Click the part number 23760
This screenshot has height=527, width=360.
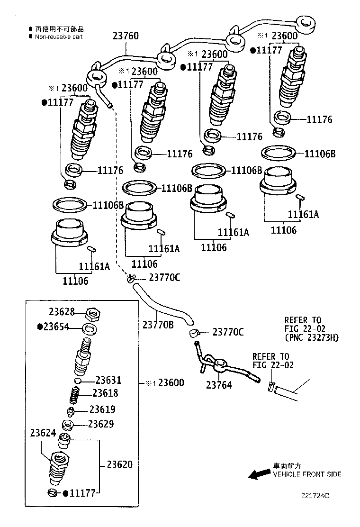click(x=126, y=36)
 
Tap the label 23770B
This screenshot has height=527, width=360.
click(x=158, y=325)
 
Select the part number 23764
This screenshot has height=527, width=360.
click(x=219, y=385)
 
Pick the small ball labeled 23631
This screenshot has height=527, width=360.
click(x=78, y=381)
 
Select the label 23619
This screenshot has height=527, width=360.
click(x=103, y=409)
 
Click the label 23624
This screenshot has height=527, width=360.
click(x=43, y=433)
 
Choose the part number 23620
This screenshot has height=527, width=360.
click(x=119, y=464)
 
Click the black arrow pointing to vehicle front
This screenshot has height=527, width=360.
click(x=259, y=474)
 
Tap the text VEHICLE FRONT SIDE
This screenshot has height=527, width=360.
click(x=306, y=474)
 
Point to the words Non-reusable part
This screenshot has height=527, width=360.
click(x=59, y=36)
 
